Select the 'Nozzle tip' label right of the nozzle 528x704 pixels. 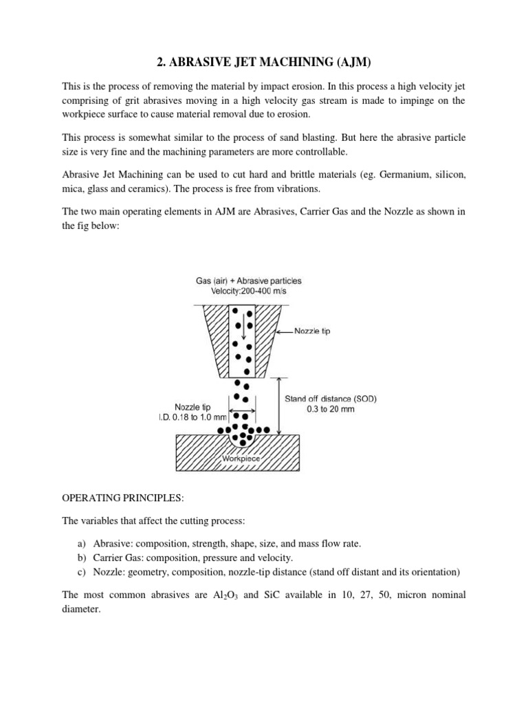point(312,331)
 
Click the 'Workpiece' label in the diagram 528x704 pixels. point(241,457)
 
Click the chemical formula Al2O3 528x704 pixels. point(219,595)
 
